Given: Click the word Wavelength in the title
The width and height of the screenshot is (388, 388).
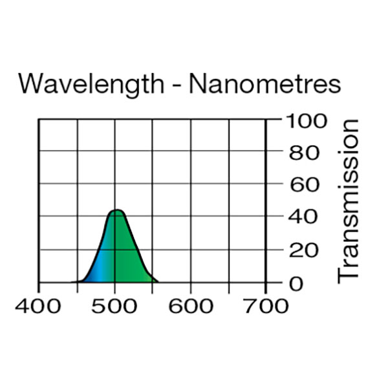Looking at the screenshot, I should [x=91, y=85].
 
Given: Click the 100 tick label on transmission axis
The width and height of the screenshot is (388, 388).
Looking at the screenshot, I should [x=305, y=121].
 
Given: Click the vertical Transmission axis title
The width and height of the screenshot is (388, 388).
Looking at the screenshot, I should [x=349, y=200].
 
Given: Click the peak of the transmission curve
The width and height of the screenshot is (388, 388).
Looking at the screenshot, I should [x=116, y=210].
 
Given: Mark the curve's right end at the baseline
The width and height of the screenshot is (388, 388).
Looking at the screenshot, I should [x=158, y=282].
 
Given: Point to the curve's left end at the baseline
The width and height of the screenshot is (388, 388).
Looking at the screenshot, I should [x=75, y=282].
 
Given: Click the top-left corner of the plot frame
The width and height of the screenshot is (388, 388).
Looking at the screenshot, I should [x=39, y=120].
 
